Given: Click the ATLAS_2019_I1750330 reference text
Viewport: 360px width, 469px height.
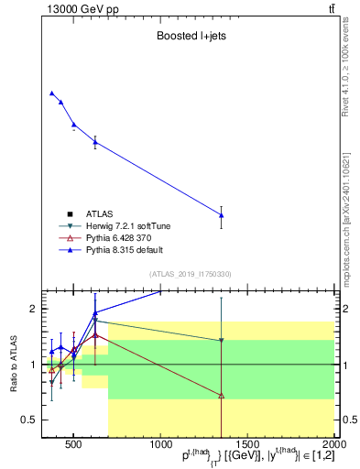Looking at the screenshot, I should (x=190, y=274).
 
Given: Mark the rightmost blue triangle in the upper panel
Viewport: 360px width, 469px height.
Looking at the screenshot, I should (x=222, y=215).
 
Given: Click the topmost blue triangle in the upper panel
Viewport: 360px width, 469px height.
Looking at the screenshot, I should (x=51, y=93).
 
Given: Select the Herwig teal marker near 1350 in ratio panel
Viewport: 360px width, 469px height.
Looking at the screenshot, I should (x=222, y=341).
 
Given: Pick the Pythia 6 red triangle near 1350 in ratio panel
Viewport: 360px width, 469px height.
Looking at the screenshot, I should (x=222, y=396).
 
